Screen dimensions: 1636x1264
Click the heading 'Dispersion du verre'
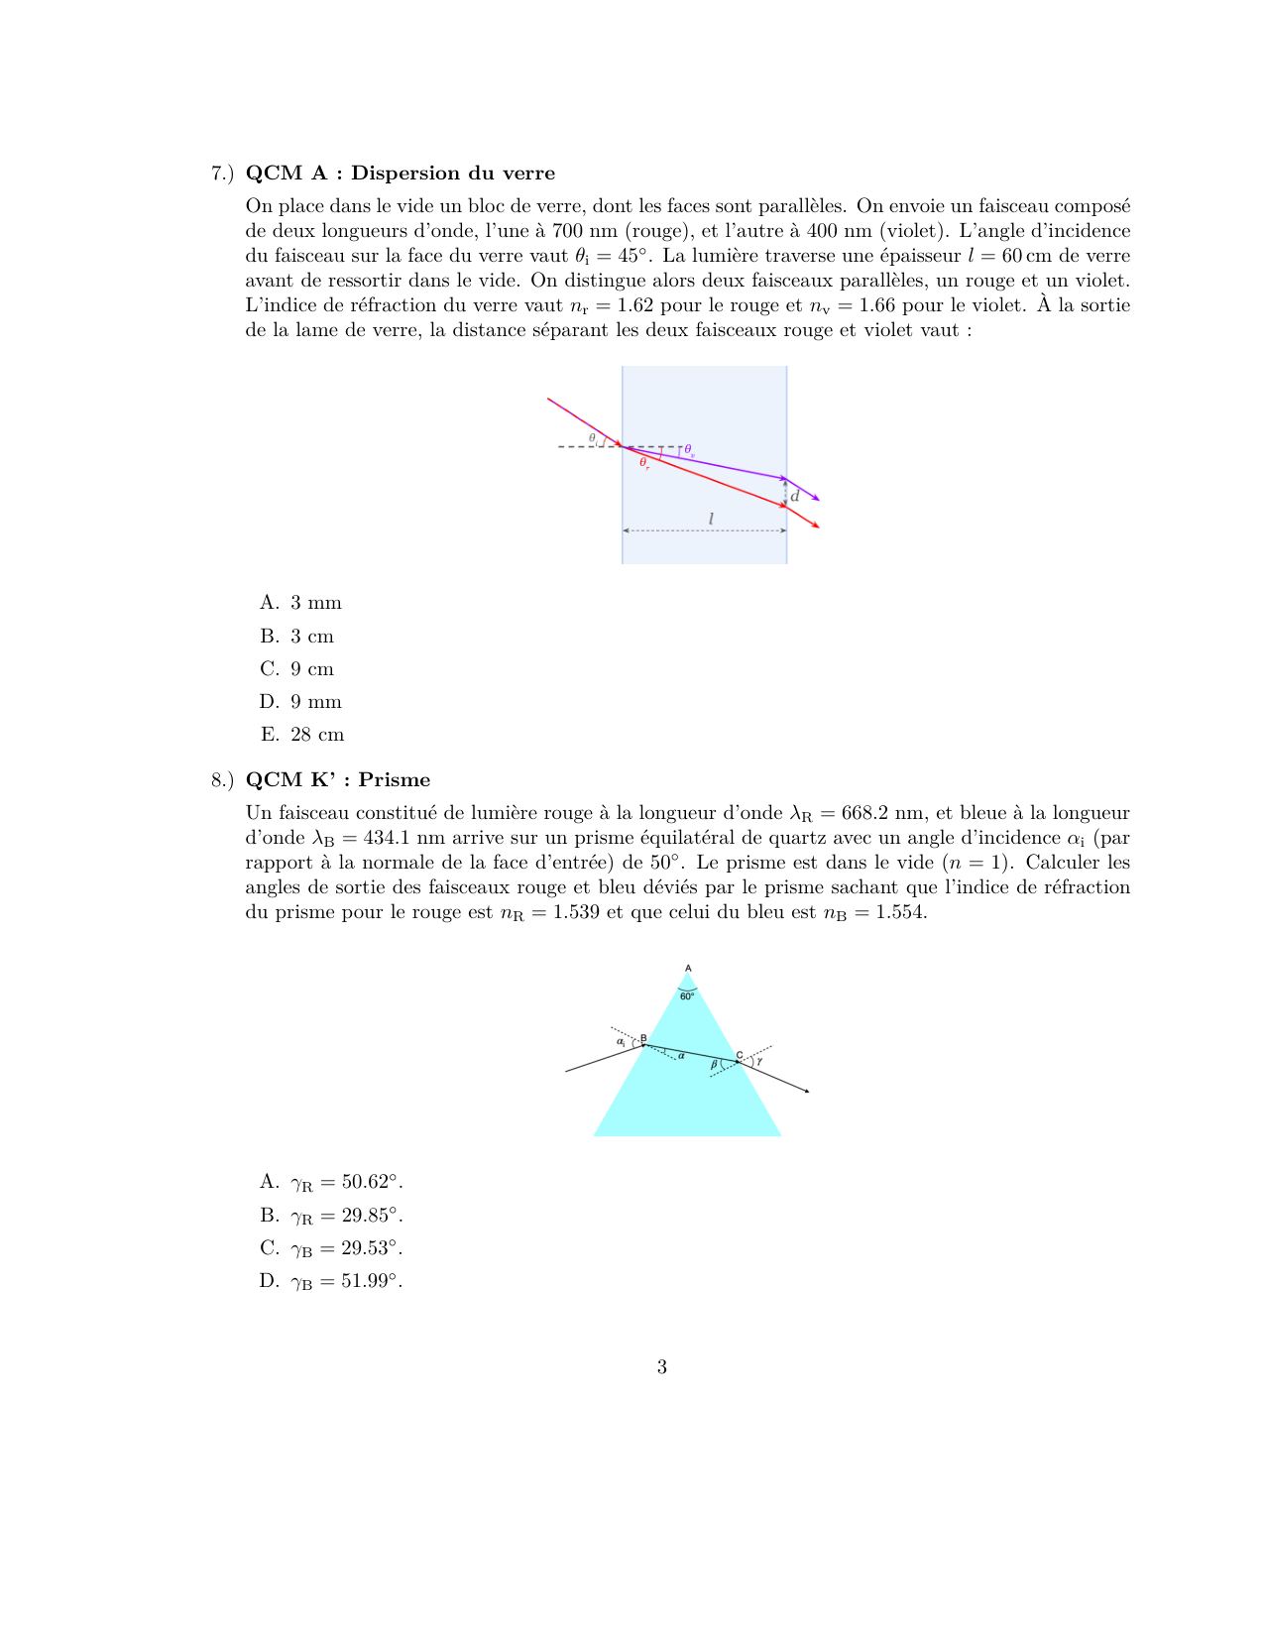pyautogui.click(x=452, y=174)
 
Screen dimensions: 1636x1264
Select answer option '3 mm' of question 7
pyautogui.click(x=315, y=603)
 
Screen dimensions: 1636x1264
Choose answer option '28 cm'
pyautogui.click(x=317, y=735)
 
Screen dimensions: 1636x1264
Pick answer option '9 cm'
pyautogui.click(x=312, y=669)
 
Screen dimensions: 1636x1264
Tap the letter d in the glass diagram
pyautogui.click(x=795, y=496)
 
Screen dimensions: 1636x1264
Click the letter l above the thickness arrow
pyautogui.click(x=711, y=519)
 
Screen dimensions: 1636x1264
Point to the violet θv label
pyautogui.click(x=689, y=450)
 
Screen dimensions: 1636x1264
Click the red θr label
pyautogui.click(x=644, y=463)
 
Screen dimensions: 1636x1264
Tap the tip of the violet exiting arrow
pyautogui.click(x=818, y=500)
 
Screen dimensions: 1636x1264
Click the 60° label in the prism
pyautogui.click(x=687, y=996)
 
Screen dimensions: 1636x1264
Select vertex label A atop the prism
pyautogui.click(x=688, y=969)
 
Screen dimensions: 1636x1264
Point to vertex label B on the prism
pyautogui.click(x=643, y=1038)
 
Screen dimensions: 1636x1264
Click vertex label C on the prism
pyautogui.click(x=739, y=1054)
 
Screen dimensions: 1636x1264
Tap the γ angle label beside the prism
pyautogui.click(x=759, y=1061)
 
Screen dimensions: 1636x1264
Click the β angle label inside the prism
pyautogui.click(x=714, y=1065)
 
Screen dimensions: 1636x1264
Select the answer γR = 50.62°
pyautogui.click(x=346, y=1182)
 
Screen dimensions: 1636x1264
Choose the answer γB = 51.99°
pyautogui.click(x=346, y=1281)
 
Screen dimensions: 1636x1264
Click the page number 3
pyautogui.click(x=661, y=1367)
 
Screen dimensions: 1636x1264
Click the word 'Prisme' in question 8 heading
pyautogui.click(x=395, y=780)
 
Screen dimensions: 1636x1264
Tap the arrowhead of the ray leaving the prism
pyautogui.click(x=808, y=1092)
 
